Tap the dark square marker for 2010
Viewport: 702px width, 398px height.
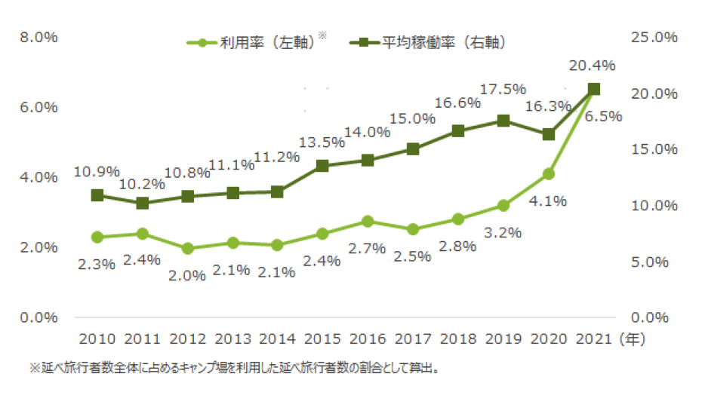pos(97,195)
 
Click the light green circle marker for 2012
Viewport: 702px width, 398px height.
pos(187,248)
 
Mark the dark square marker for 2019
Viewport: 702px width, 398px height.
pos(503,121)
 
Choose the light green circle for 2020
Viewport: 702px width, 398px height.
pos(549,174)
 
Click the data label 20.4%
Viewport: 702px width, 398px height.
pos(592,66)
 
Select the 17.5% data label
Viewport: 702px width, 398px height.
pos(503,89)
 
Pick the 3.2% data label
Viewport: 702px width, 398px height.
pos(503,232)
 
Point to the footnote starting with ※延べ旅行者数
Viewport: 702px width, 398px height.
pos(235,369)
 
